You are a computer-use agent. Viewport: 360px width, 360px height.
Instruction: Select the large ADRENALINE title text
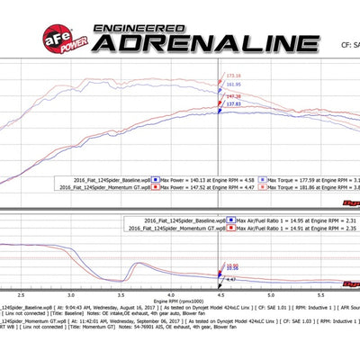point(199,42)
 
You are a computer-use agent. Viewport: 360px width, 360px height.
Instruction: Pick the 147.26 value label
point(231,95)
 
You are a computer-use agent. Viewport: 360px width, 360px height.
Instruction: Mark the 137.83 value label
point(233,104)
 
